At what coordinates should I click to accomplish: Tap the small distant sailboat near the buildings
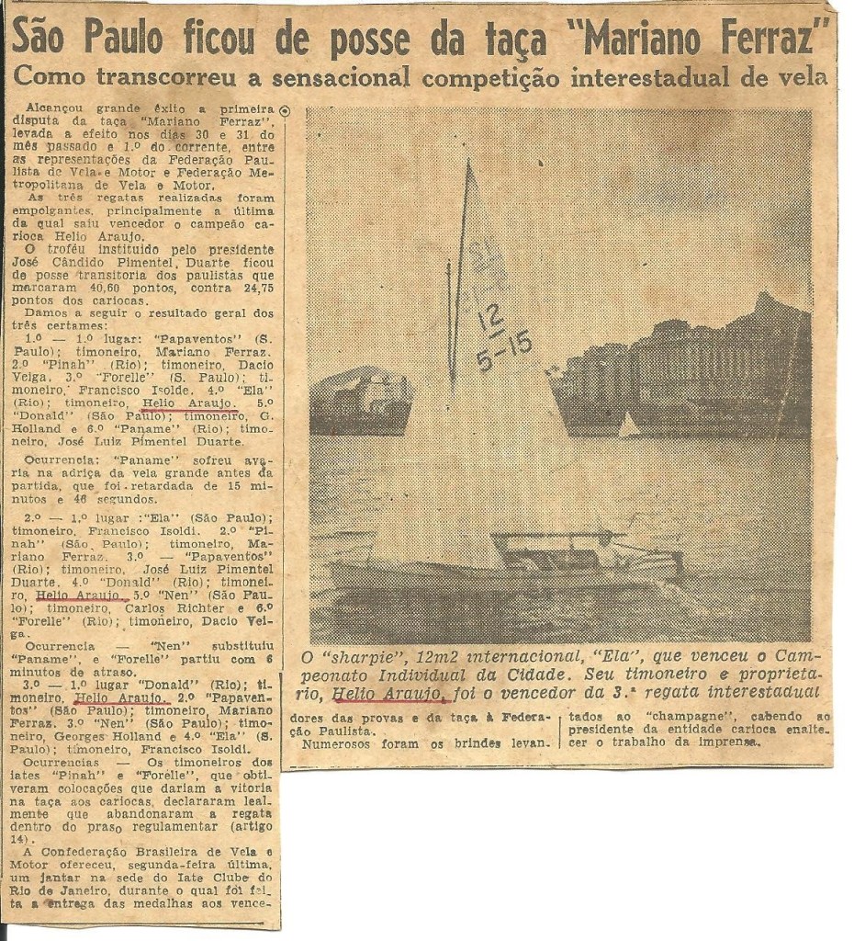(629, 425)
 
